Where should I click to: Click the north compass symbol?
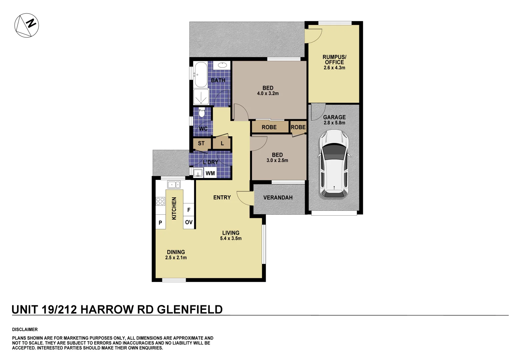pos(27,25)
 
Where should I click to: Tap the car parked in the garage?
pos(334,164)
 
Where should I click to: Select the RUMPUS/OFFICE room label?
pos(334,59)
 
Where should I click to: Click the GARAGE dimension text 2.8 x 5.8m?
pos(334,123)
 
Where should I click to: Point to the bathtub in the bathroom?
pos(200,74)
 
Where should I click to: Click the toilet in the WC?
pos(201,113)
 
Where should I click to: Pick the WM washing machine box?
pos(210,173)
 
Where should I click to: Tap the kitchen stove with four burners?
pos(160,201)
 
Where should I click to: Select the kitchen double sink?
pos(174,184)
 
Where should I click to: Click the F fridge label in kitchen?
pos(189,210)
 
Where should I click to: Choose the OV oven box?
pos(189,222)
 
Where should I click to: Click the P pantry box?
pos(160,223)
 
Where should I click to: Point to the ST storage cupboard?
pos(201,144)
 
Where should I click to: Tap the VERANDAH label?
pos(278,198)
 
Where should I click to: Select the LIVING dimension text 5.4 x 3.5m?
pos(231,238)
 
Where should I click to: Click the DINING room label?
pos(176,252)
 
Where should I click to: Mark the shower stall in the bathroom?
pos(201,97)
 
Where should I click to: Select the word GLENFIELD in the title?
pos(190,310)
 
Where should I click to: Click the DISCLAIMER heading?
pos(25,329)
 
